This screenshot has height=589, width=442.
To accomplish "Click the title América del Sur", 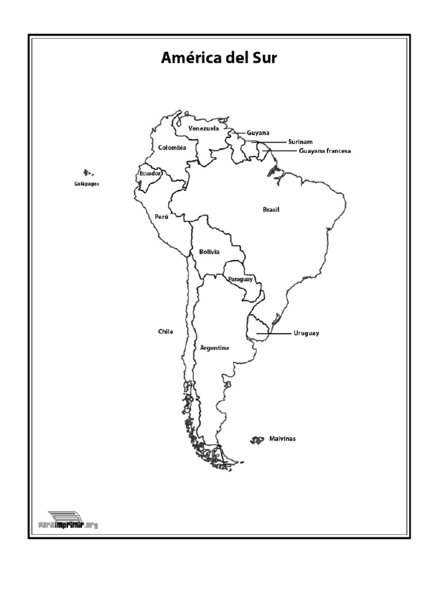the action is [x=219, y=58].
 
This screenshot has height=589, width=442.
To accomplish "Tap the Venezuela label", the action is [x=204, y=128].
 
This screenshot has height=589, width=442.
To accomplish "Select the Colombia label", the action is [x=172, y=148].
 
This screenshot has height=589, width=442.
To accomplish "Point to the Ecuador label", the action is [x=150, y=173].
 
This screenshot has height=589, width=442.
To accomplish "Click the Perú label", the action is [x=161, y=217].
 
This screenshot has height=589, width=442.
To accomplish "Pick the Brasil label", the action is [x=270, y=210].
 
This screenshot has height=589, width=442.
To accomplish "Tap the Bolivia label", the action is [x=209, y=252].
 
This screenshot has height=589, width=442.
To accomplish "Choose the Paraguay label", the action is [x=240, y=279].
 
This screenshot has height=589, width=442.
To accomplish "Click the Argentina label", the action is [x=215, y=348].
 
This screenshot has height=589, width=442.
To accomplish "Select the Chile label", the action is [x=165, y=331].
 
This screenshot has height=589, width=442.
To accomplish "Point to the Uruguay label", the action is [x=306, y=333].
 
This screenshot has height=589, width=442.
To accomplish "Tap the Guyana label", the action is [x=258, y=133].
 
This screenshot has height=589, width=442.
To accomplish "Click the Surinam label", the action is [x=300, y=141].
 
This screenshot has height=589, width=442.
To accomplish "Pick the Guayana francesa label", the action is [x=325, y=151].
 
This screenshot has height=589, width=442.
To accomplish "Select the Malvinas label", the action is [x=282, y=439].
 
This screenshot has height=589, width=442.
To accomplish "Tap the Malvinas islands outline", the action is [x=256, y=440].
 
